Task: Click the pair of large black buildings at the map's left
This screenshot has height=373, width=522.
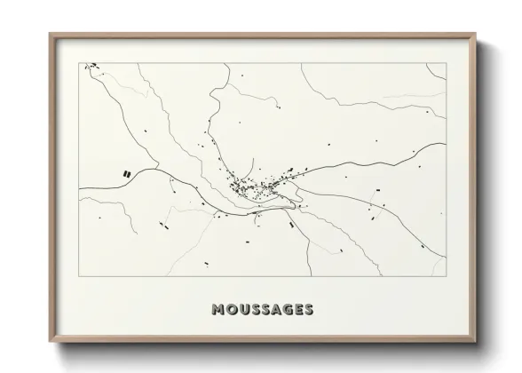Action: [128, 174]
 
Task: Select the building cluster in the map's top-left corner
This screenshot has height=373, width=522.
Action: [90, 66]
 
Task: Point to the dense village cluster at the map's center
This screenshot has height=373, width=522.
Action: [245, 186]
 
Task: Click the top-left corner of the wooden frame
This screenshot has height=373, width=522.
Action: [51, 35]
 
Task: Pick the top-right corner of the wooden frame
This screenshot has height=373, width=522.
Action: [476, 35]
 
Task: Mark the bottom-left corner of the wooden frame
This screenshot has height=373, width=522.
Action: [51, 342]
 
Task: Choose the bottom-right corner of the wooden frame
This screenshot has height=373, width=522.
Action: [476, 342]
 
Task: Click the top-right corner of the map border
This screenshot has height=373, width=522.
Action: [446, 62]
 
